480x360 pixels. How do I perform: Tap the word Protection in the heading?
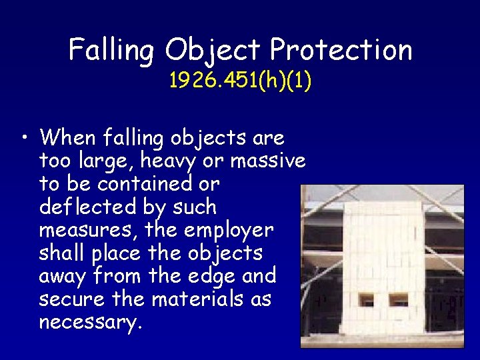(x=341, y=50)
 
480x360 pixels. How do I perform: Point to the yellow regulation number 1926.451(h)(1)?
(x=241, y=81)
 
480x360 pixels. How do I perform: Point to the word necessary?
(x=90, y=323)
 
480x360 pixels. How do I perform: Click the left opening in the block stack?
(x=367, y=300)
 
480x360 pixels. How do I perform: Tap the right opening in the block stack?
(x=399, y=300)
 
